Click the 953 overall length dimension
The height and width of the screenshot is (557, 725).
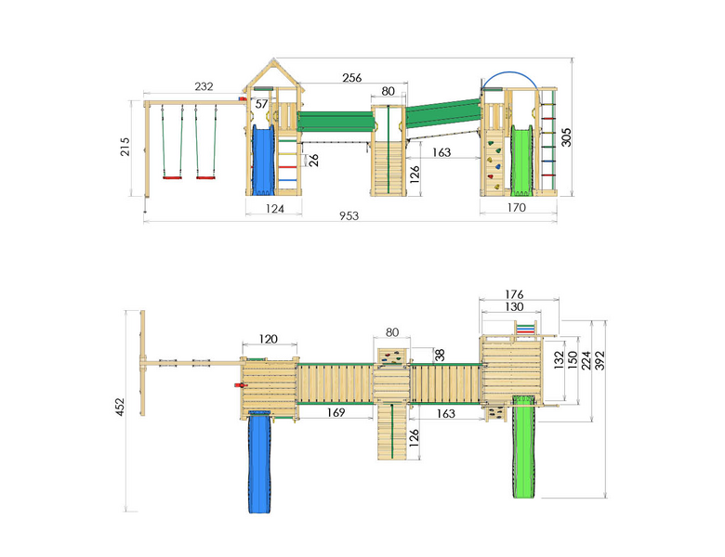(x=349, y=215)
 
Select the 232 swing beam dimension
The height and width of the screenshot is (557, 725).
(x=204, y=86)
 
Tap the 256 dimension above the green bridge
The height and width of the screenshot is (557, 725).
(x=352, y=78)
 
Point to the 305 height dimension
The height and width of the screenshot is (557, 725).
(x=566, y=137)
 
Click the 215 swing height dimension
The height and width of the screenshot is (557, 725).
(x=125, y=147)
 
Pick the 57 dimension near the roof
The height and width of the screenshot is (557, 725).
(x=262, y=104)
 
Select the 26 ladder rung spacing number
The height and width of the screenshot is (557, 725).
(x=313, y=161)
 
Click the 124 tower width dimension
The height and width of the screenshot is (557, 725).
(x=274, y=209)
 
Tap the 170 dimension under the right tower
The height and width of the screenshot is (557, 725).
(x=517, y=207)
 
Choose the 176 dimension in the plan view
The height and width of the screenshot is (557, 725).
(x=514, y=294)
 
